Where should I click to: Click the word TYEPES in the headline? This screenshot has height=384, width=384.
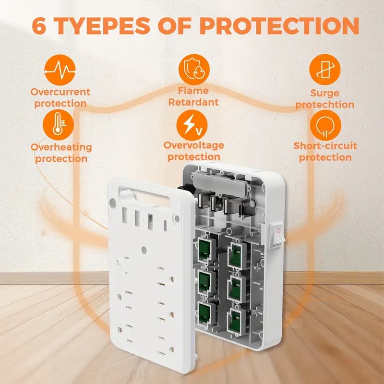point(103,26)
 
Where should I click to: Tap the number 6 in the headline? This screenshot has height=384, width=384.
point(39,26)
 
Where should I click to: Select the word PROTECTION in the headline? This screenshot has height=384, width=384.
point(279,26)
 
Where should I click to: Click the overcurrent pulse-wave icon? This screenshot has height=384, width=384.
point(60,70)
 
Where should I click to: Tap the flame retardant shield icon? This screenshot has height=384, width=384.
point(194,70)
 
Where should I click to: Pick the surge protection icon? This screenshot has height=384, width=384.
point(325,70)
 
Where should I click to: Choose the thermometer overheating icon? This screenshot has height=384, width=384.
point(58,125)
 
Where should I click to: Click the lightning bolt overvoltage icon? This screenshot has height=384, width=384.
point(192,125)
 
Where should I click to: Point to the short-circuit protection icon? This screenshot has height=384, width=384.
point(325,125)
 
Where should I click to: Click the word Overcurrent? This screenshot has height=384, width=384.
point(60,92)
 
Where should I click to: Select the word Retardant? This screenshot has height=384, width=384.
point(193,102)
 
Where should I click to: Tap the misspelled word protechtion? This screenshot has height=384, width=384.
point(325,105)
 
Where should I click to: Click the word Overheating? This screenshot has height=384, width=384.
point(61,147)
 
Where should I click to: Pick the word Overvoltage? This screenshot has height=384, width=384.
point(194,145)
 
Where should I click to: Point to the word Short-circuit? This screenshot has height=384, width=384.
point(325,146)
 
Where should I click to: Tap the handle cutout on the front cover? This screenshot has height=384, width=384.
point(144,198)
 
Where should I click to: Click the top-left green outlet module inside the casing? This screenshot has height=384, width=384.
point(204,250)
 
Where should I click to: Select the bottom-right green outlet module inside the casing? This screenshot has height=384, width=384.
point(235,321)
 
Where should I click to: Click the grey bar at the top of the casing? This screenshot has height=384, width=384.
point(219,182)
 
